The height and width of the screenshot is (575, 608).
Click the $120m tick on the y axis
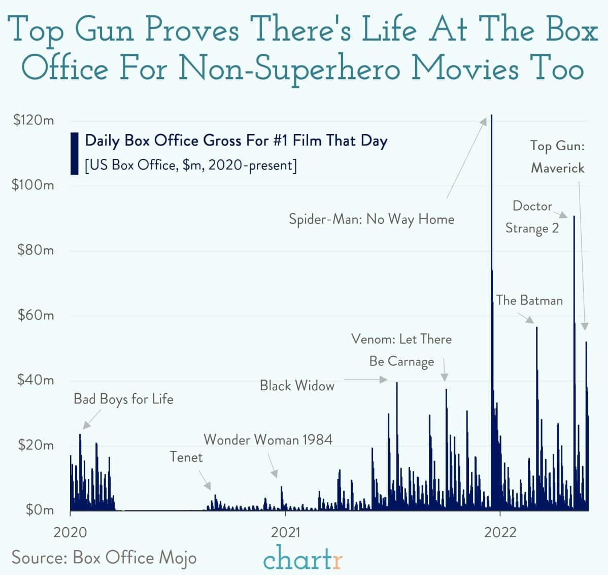33,121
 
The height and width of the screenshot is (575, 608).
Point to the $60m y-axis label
36,315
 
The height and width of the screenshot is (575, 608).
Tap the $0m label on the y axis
40,510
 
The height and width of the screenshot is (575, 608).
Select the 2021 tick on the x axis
286,532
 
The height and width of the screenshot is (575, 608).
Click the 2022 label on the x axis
500,532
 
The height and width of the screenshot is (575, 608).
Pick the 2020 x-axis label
71,532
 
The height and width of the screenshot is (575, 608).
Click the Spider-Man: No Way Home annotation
371,219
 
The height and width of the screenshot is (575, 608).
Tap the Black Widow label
297,386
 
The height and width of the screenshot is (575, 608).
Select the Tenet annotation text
186,457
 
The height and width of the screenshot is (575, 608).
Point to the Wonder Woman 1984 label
268,439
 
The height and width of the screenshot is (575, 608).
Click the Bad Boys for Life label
123,399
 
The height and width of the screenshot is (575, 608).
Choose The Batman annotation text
529,300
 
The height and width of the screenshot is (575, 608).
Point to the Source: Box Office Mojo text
104,557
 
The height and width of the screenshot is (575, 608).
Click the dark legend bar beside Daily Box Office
75,153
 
